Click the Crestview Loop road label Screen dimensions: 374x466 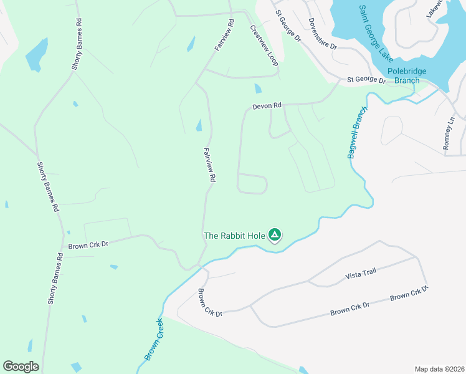point(264,46)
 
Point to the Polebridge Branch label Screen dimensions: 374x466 point(407,75)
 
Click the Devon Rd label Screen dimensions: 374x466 point(267,107)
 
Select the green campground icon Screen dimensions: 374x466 point(275,235)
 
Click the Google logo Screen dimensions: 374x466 point(21,367)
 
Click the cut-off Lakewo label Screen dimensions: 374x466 point(437,8)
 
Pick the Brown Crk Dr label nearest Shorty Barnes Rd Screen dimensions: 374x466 point(88,245)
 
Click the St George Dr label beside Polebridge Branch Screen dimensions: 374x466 point(366,80)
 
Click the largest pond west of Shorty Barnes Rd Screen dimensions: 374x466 point(37,55)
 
